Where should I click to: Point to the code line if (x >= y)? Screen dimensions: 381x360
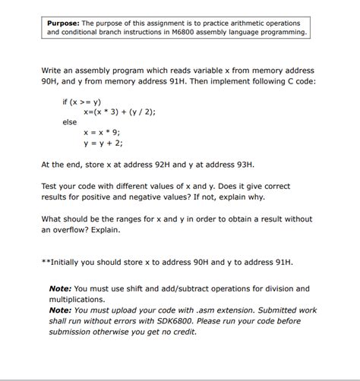coord(82,101)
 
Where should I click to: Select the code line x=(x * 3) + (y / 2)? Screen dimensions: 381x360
coord(119,112)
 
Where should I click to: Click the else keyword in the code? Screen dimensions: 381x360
coord(70,121)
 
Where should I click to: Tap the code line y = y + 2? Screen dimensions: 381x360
coord(103,143)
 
